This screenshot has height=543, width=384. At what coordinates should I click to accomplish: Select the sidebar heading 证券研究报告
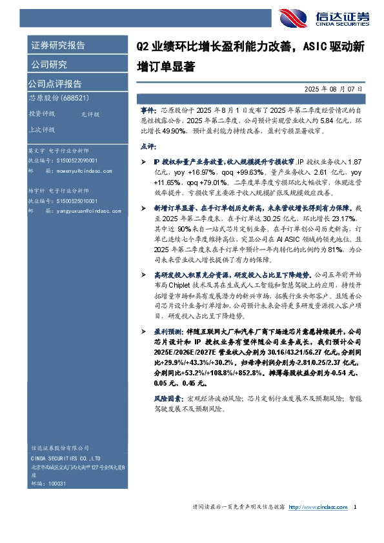(x=57, y=46)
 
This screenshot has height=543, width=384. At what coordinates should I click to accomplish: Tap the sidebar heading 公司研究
(x=48, y=64)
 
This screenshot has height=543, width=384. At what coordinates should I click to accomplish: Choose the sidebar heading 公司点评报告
(x=54, y=84)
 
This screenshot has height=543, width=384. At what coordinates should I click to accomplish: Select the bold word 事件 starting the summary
(x=148, y=111)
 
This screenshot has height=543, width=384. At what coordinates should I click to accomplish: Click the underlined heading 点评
(x=148, y=146)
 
